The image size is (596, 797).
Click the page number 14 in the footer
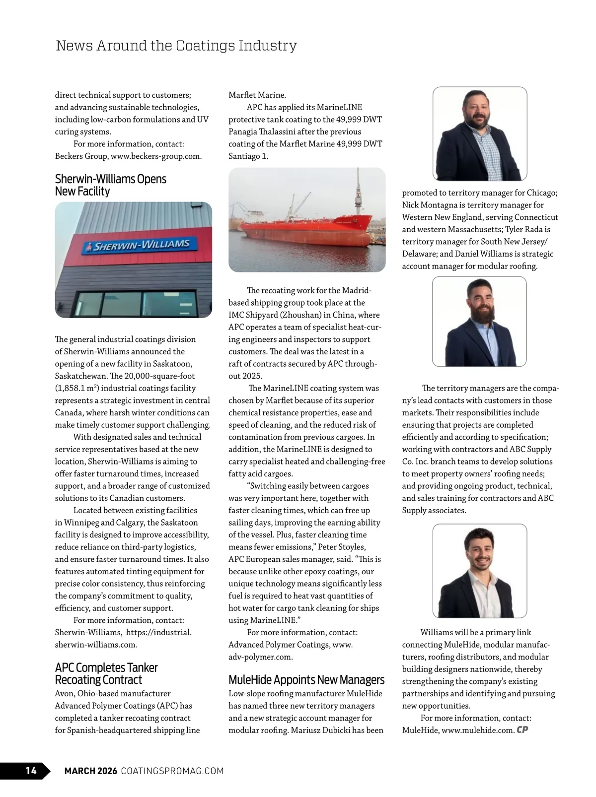click(31, 770)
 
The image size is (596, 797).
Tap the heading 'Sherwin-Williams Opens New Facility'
click(110, 185)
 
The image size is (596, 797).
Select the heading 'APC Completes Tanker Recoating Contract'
click(106, 673)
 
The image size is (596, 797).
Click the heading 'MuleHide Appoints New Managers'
click(306, 679)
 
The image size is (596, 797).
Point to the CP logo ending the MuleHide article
click(522, 730)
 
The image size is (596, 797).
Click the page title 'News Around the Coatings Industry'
click(176, 46)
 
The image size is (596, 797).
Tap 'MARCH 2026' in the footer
click(91, 771)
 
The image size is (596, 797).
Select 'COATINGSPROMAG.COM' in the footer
click(172, 771)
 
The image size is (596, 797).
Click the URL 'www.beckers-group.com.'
click(156, 156)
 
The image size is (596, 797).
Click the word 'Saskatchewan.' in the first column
click(79, 376)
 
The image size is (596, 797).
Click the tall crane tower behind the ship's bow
click(358, 194)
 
